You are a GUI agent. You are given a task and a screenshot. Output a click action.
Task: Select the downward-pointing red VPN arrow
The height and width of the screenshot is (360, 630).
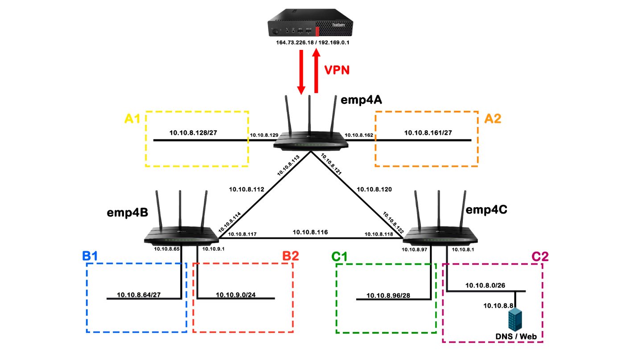(301, 72)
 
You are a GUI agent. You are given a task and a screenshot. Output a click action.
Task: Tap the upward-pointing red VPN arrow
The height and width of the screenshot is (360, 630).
(316, 71)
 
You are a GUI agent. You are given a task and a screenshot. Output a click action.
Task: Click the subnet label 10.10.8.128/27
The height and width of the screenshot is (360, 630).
(193, 133)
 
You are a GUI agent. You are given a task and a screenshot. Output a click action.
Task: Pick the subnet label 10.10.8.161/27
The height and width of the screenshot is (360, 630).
(428, 132)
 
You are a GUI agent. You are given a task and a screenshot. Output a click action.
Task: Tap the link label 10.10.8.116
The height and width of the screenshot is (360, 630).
(310, 232)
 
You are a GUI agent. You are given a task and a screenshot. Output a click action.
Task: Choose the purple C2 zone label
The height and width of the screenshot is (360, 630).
(540, 257)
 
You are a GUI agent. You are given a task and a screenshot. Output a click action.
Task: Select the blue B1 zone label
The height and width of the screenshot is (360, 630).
(90, 256)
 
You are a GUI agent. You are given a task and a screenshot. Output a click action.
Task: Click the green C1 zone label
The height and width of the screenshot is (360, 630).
(340, 257)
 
